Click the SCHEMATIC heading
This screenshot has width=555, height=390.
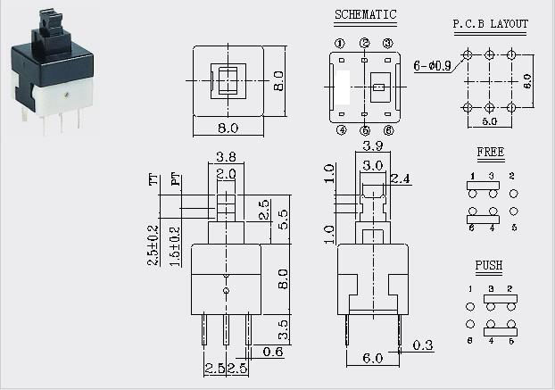pyautogui.click(x=365, y=14)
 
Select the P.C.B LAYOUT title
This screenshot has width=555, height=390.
pyautogui.click(x=491, y=24)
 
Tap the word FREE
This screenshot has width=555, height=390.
pyautogui.click(x=491, y=152)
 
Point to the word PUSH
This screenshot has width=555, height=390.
pyautogui.click(x=489, y=265)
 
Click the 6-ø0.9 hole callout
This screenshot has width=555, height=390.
pyautogui.click(x=432, y=66)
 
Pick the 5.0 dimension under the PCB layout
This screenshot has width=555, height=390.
pyautogui.click(x=490, y=121)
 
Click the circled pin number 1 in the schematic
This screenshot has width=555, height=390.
pyautogui.click(x=340, y=44)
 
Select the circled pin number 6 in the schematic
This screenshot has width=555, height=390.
pyautogui.click(x=388, y=130)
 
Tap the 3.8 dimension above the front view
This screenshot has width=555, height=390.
pyautogui.click(x=226, y=157)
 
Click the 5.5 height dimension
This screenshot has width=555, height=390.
pyautogui.click(x=283, y=220)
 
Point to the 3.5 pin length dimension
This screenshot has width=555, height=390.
pyautogui.click(x=283, y=329)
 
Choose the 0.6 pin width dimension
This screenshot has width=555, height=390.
pyautogui.click(x=273, y=352)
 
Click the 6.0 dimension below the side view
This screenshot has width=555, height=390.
pyautogui.click(x=373, y=358)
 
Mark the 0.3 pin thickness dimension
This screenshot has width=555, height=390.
pyautogui.click(x=423, y=345)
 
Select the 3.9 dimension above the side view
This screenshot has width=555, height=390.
pyautogui.click(x=373, y=145)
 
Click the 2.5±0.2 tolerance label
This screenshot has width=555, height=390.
pyautogui.click(x=153, y=245)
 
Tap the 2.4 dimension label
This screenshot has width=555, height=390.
pyautogui.click(x=400, y=179)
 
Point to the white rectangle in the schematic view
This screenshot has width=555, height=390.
pyautogui.click(x=343, y=87)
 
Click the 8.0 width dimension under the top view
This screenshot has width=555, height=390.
pyautogui.click(x=228, y=128)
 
